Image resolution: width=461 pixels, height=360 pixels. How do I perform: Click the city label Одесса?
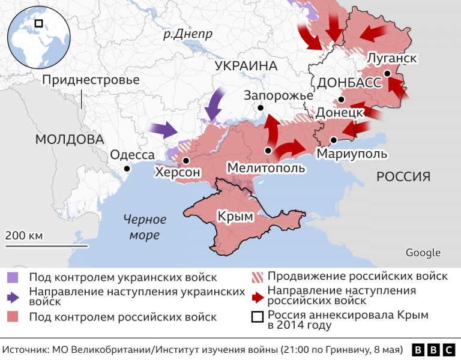pyautogui.click(x=132, y=155)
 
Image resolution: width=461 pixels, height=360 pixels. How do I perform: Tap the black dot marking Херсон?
pyautogui.click(x=187, y=160)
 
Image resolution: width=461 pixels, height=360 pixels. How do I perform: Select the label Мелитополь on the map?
pyautogui.click(x=266, y=167)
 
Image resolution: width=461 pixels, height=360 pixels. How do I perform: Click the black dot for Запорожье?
pyautogui.click(x=261, y=108)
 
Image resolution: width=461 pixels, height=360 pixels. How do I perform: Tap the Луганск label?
pyautogui.click(x=391, y=58)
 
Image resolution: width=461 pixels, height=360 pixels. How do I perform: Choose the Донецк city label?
pyautogui.click(x=339, y=112)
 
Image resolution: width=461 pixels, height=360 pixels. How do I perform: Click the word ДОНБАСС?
pyautogui.click(x=350, y=83)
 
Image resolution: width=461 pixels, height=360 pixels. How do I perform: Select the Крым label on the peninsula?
pyautogui.click(x=235, y=216)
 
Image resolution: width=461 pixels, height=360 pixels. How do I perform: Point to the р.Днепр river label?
pyautogui.click(x=188, y=34)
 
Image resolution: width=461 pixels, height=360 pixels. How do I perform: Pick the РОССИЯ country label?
pyautogui.click(x=403, y=176)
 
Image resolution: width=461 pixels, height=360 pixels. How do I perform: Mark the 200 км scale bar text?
pyautogui.click(x=24, y=235)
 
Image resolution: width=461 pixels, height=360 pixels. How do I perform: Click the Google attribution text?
pyautogui.click(x=423, y=253)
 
